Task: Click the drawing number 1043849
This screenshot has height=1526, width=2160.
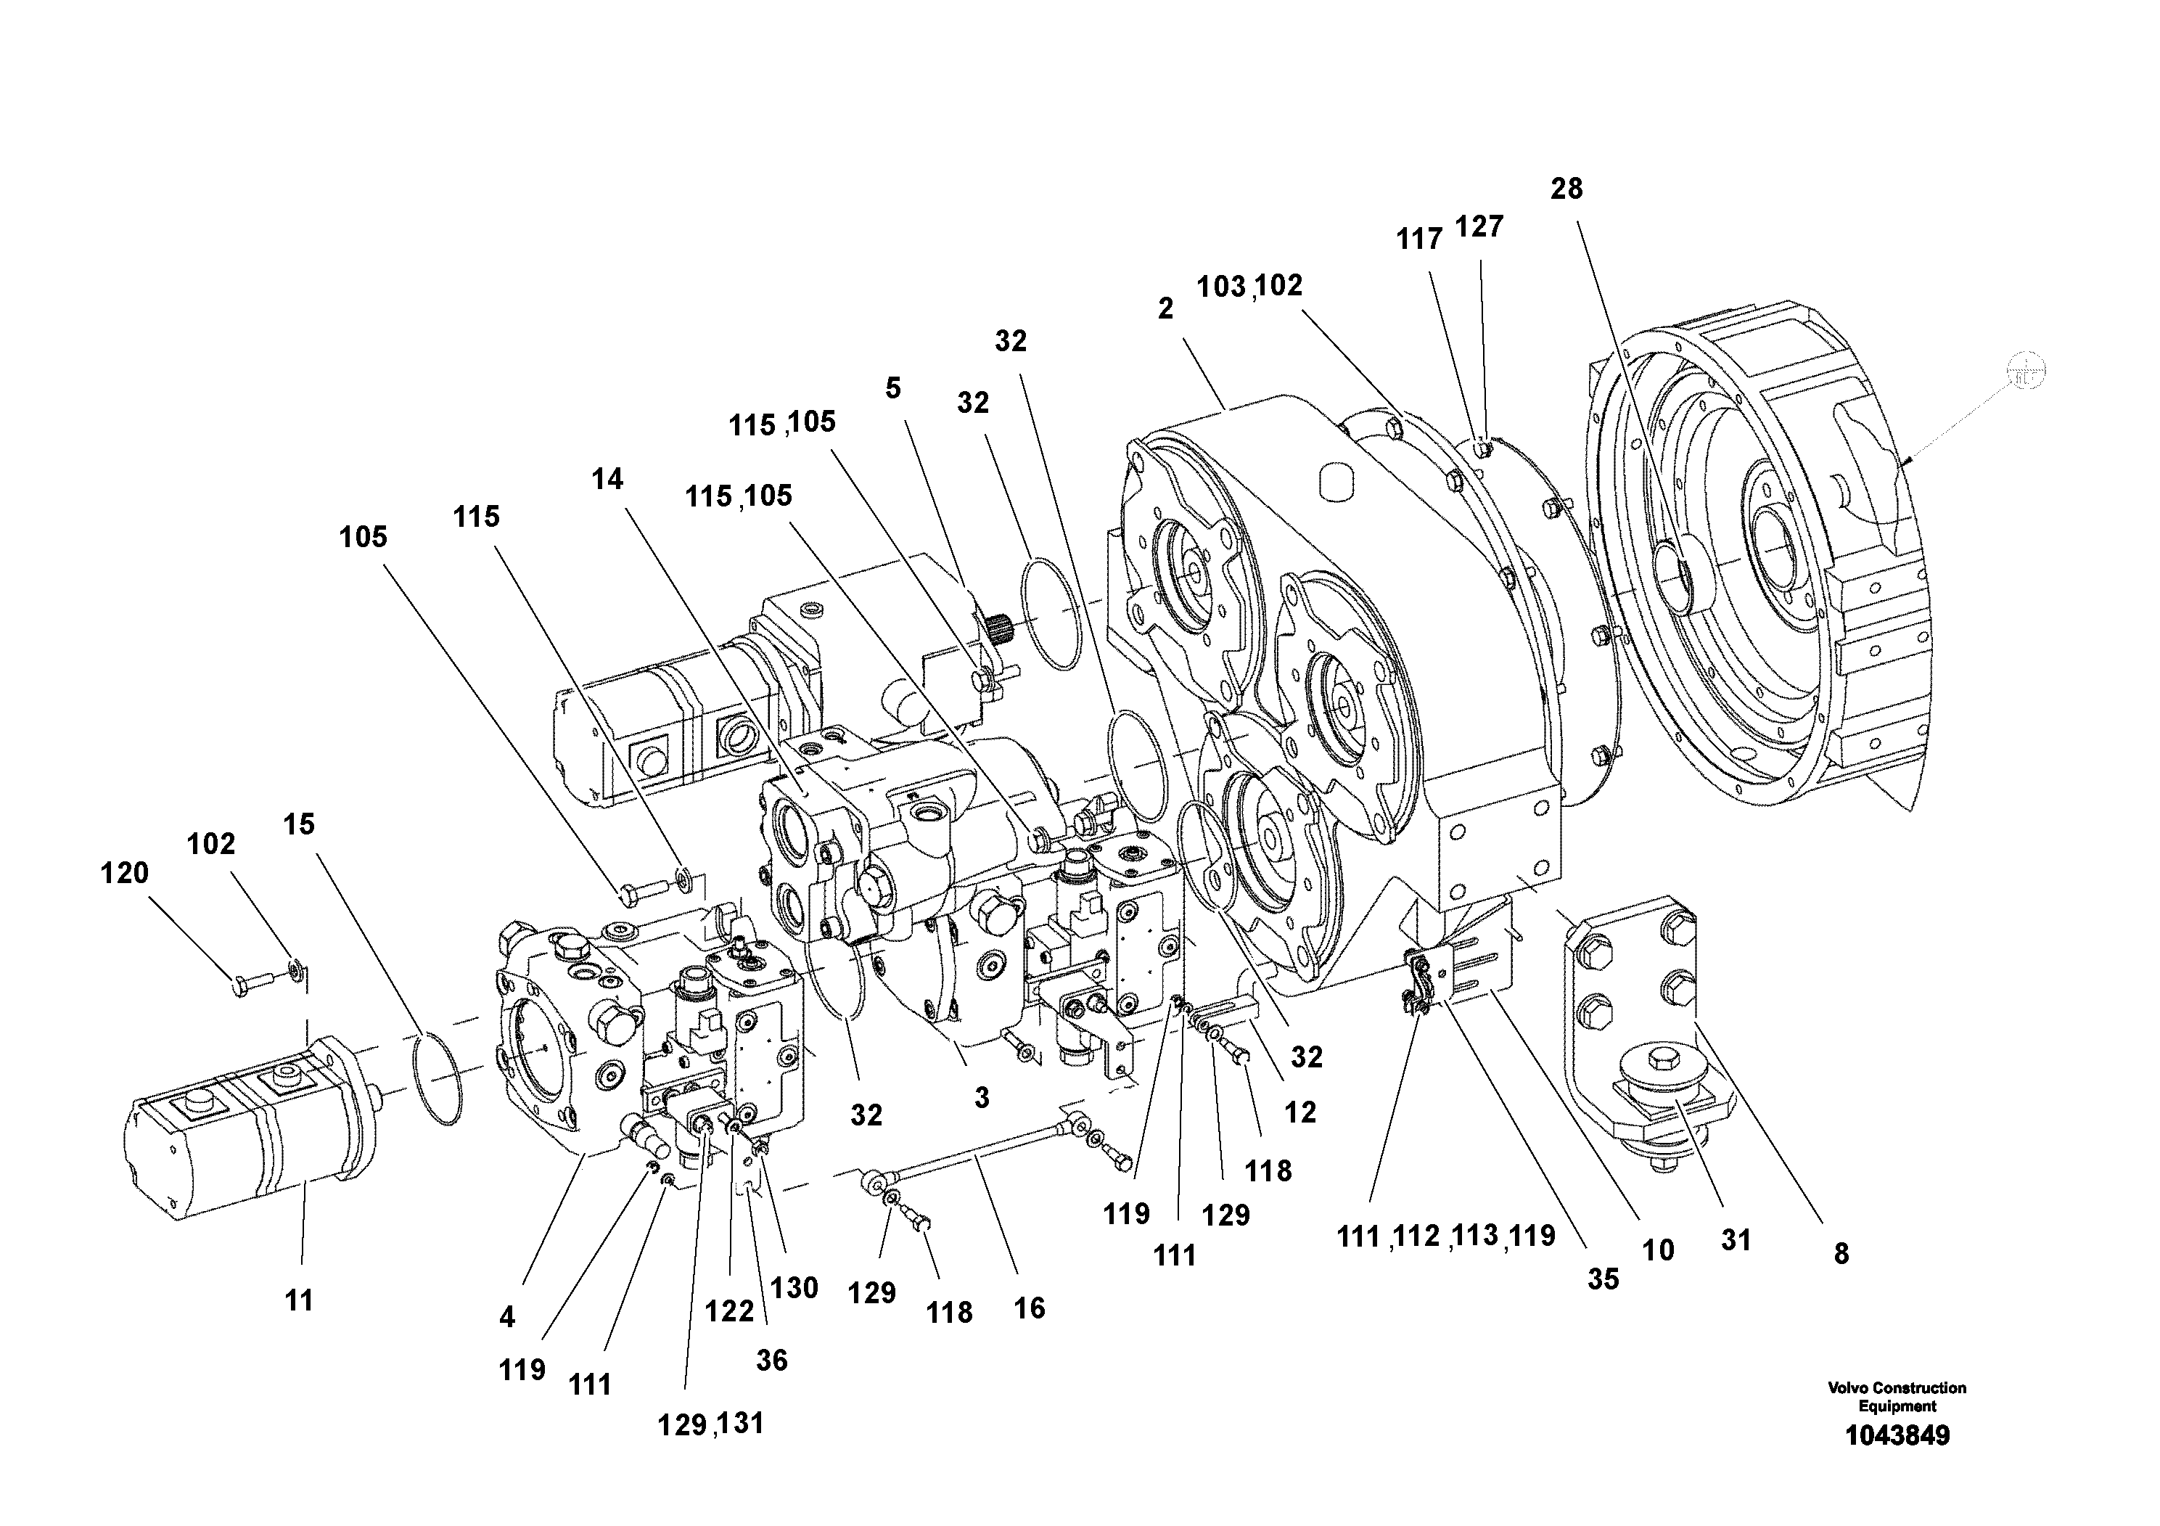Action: coord(1897,1436)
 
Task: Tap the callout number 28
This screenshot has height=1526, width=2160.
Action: coord(1566,189)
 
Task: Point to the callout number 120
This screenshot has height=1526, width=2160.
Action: coord(124,873)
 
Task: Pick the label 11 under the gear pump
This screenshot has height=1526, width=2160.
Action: coord(299,1301)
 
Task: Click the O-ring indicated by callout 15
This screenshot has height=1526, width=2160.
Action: coord(438,1078)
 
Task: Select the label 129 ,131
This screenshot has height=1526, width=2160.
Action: coord(710,1424)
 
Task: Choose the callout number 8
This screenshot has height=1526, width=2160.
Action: coord(1841,1253)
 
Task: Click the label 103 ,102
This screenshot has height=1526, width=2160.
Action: coord(1249,286)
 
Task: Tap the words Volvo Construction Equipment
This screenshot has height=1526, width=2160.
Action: coord(1897,1397)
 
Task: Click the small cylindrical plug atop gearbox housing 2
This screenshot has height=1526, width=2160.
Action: coord(1336,482)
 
